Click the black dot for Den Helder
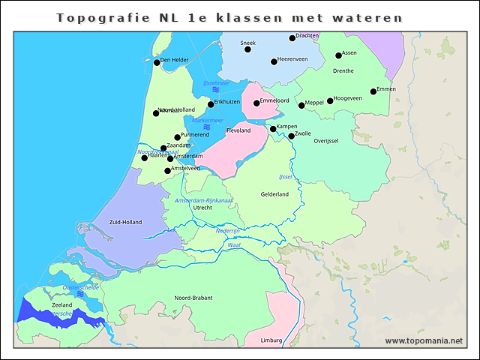pos(157,62)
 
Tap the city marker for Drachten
pos(292,38)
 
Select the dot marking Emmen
pos(373,92)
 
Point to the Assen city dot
pos(338,55)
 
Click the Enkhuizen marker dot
pos(211,104)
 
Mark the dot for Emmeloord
pos(256,103)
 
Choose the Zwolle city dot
pos(292,136)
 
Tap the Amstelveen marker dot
pos(168,171)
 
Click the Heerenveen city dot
pos(274,61)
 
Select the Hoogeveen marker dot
pos(330,101)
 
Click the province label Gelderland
pos(274,194)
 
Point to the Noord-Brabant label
pos(193,298)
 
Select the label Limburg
pos(271,340)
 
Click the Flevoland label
pos(238,130)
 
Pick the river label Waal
pos(234,245)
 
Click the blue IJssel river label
pos(285,177)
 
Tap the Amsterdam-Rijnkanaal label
pos(203,200)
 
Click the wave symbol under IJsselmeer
pos(215,90)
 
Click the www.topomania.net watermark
pos(424,340)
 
